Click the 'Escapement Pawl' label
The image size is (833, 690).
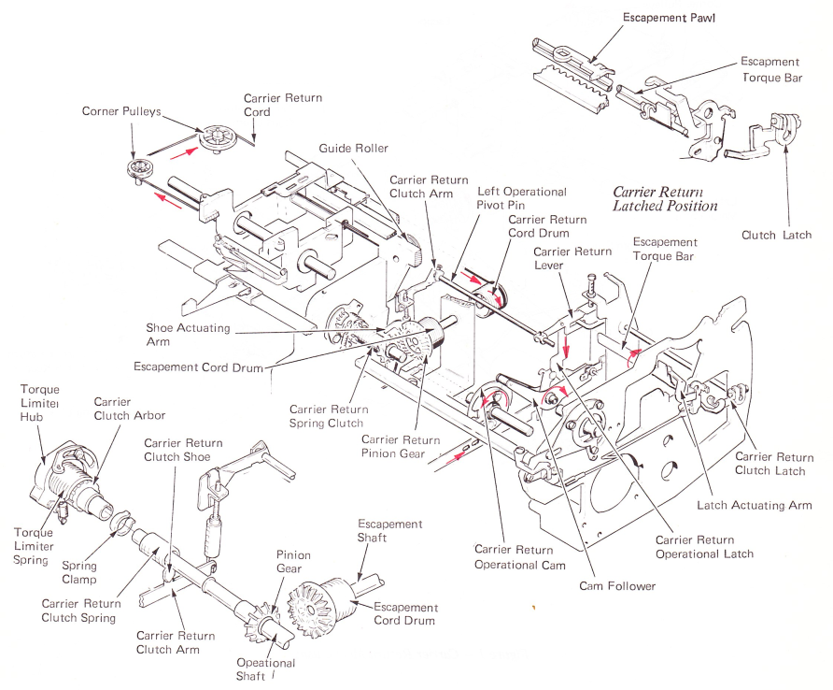(669, 18)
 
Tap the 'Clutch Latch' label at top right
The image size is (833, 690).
(776, 236)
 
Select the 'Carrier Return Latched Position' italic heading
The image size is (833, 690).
(665, 199)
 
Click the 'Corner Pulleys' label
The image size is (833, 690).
(121, 111)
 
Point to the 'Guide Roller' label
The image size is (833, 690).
(353, 149)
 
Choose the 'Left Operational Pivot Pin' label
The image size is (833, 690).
(522, 198)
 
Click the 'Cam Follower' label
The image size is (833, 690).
(617, 586)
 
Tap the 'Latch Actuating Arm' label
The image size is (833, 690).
(755, 506)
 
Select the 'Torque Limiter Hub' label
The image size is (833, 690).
(39, 403)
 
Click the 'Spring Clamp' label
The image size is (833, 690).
(79, 572)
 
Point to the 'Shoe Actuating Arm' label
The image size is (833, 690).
(188, 335)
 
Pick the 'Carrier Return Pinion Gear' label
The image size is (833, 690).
(401, 447)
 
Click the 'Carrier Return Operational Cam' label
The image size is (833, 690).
(519, 557)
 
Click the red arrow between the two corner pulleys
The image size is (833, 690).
(180, 153)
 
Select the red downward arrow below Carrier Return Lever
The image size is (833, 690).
(567, 344)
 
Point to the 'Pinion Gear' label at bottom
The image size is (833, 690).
(293, 562)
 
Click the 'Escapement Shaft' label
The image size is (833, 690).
(389, 531)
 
